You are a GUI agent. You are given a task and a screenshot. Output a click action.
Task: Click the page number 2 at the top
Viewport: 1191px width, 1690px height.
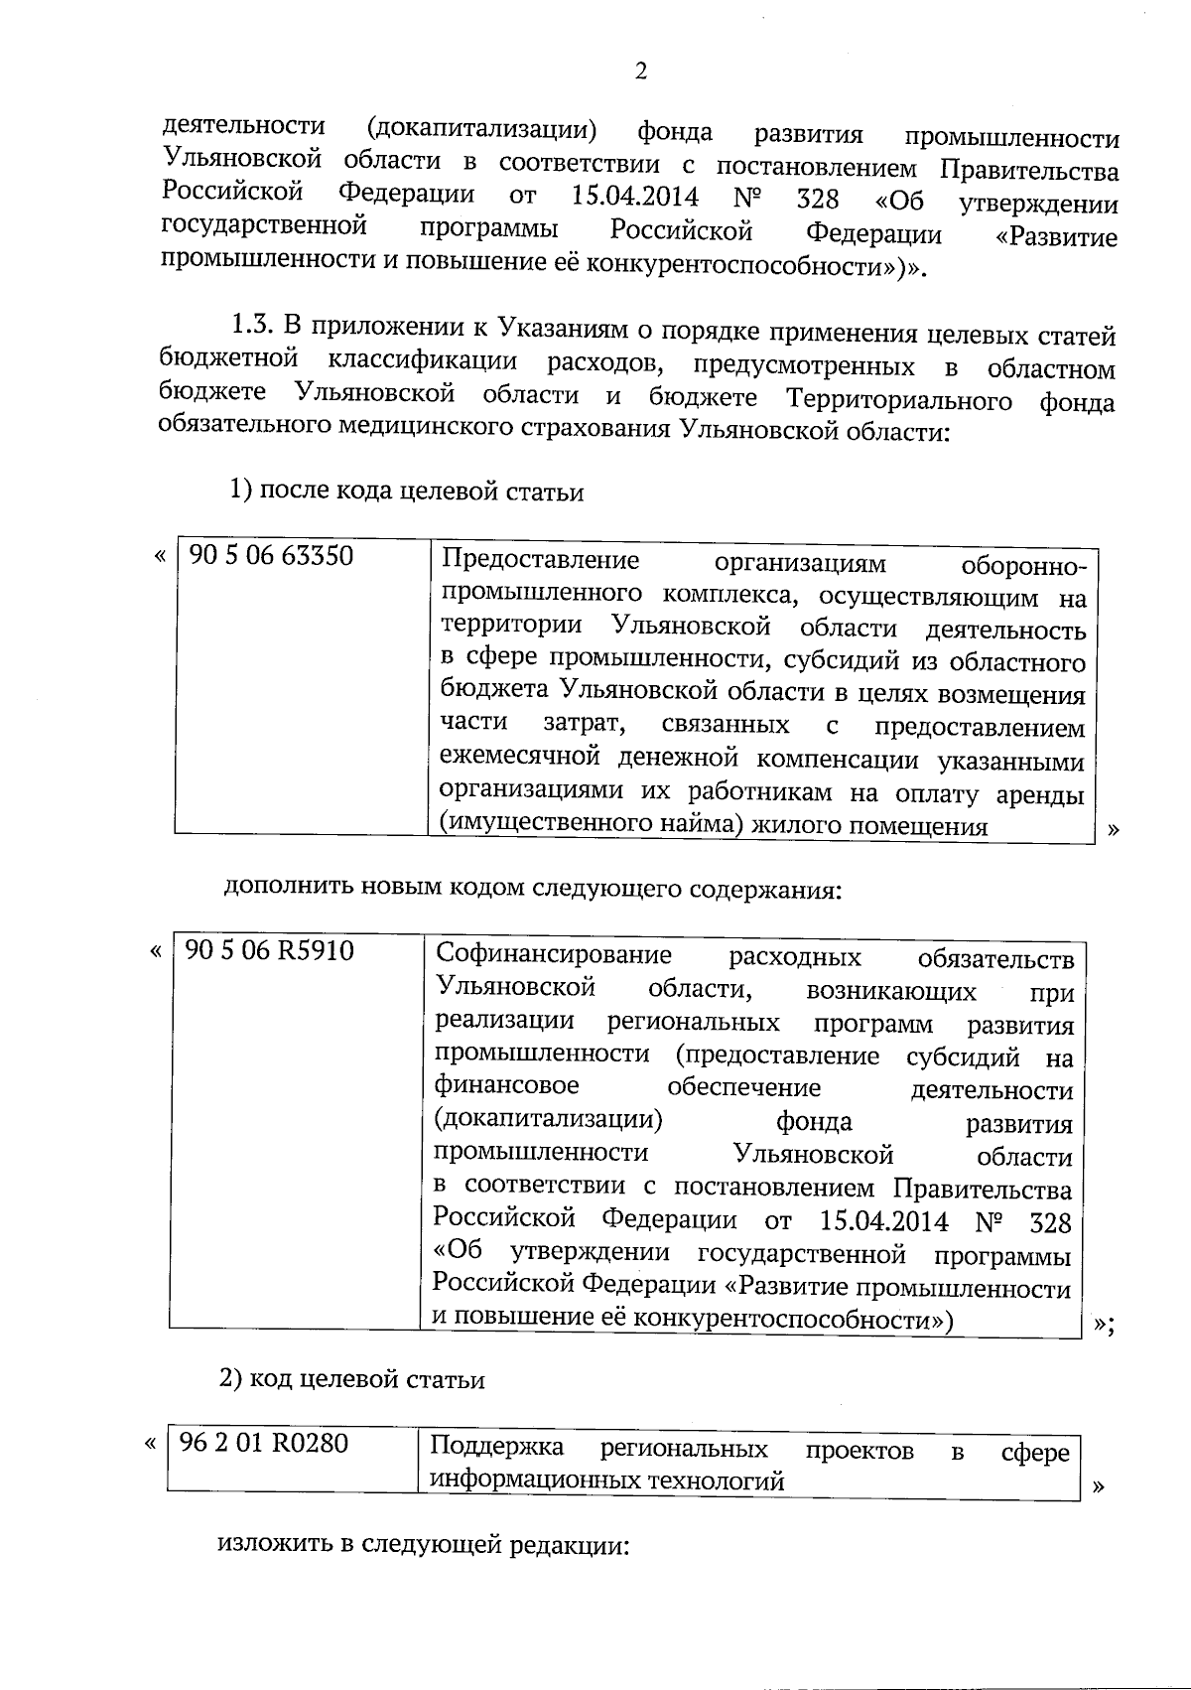(x=640, y=71)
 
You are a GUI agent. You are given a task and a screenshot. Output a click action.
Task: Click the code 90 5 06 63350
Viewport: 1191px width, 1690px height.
(x=271, y=556)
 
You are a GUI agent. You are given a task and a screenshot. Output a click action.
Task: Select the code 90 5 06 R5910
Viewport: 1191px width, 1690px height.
(x=269, y=951)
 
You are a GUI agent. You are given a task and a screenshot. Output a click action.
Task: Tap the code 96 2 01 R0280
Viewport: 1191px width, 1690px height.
(x=264, y=1443)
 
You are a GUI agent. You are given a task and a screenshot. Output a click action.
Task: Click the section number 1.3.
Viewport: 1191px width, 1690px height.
(x=252, y=326)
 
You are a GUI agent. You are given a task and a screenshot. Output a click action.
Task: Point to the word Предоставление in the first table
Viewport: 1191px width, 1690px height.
(x=540, y=560)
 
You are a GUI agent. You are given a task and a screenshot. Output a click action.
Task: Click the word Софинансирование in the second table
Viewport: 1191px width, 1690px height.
(x=554, y=955)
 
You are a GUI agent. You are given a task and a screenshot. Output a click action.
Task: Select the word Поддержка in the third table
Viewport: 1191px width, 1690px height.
(x=497, y=1446)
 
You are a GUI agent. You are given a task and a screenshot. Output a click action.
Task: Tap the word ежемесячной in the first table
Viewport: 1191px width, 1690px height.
(x=520, y=760)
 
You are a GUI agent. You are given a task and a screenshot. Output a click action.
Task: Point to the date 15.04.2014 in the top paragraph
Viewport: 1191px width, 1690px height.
(x=636, y=196)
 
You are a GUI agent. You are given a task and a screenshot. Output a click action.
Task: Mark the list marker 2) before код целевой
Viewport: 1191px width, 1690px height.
(x=230, y=1379)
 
